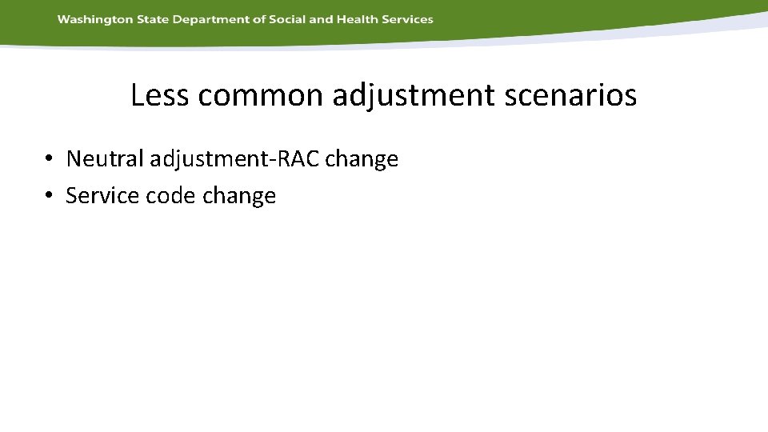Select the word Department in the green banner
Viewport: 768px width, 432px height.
[206, 19]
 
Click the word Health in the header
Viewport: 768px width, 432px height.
[357, 19]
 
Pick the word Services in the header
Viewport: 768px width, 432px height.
[408, 19]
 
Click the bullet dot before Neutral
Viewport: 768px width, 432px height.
[50, 159]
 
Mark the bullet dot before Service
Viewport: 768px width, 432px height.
[50, 196]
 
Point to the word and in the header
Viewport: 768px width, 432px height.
[321, 19]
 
